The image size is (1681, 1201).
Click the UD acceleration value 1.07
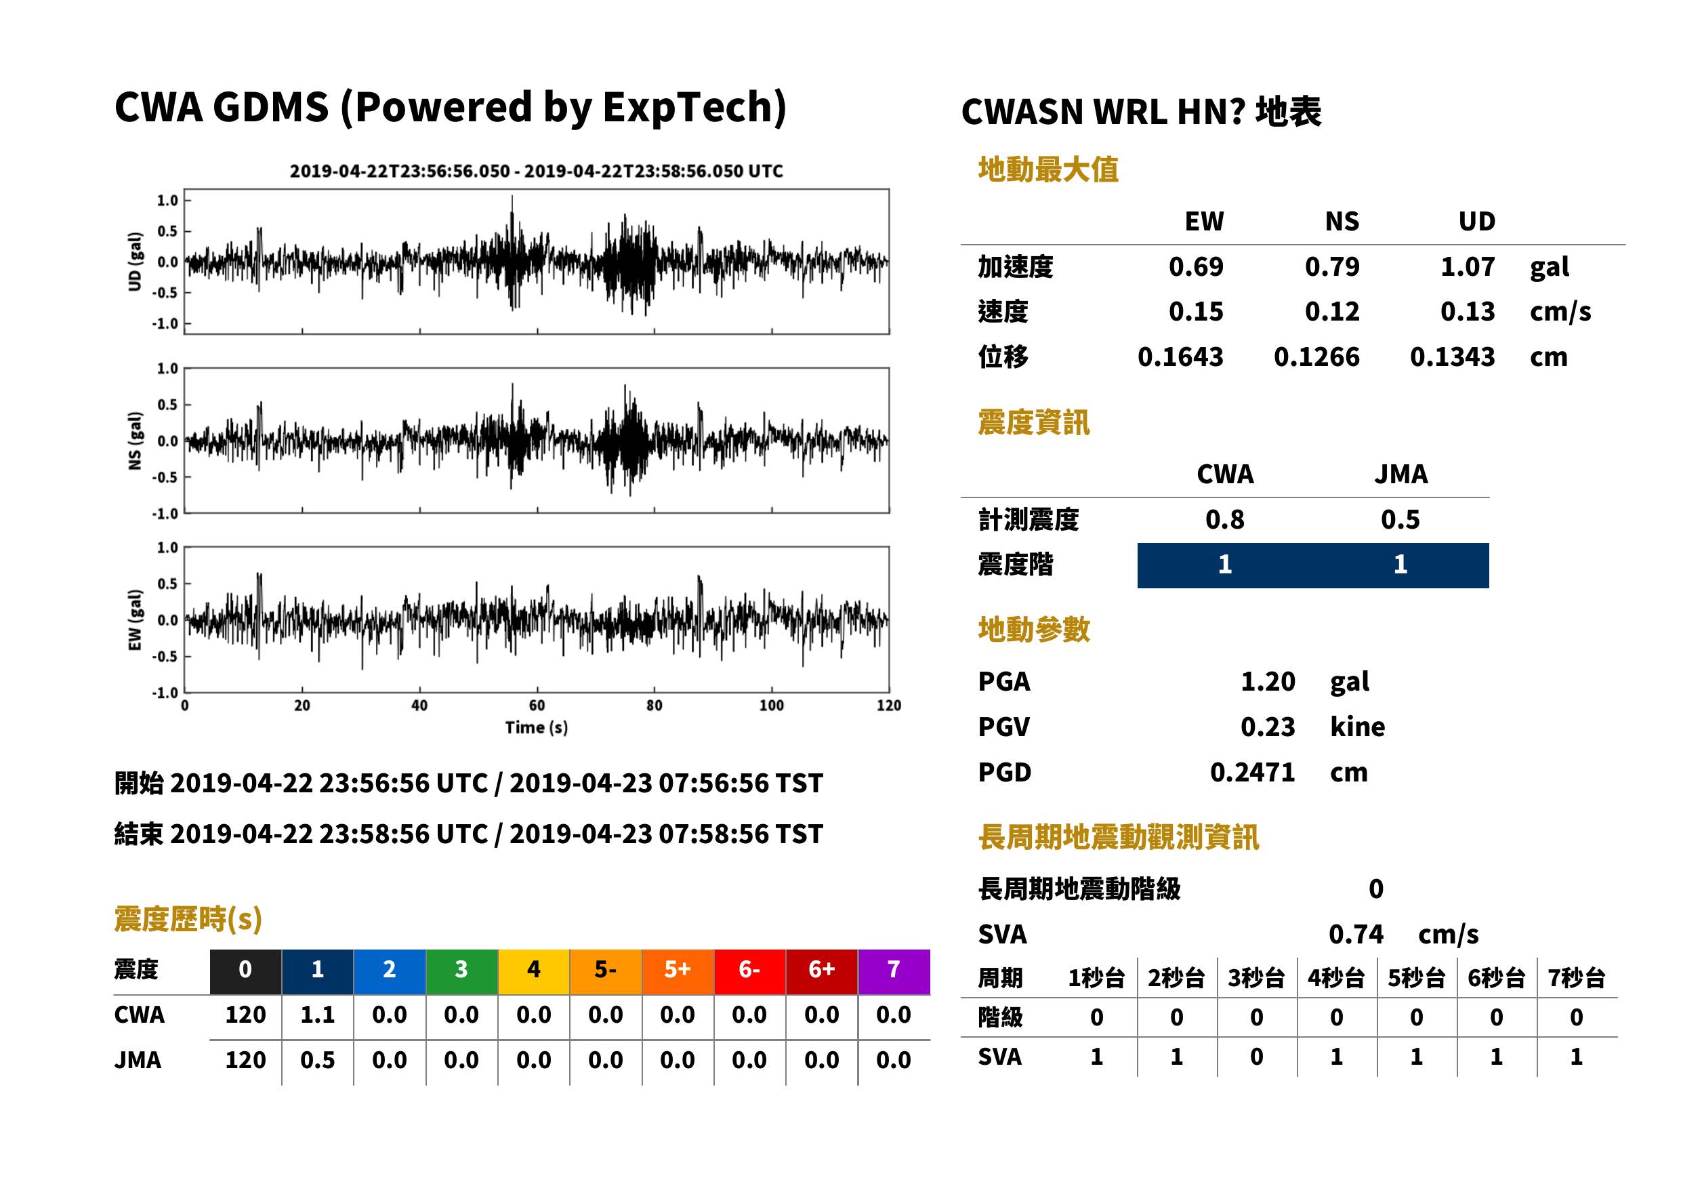pyautogui.click(x=1468, y=266)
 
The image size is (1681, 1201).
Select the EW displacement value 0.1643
pyautogui.click(x=1180, y=357)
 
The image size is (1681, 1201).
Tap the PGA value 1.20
pyautogui.click(x=1268, y=681)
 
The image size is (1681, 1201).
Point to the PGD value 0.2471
pyautogui.click(x=1252, y=772)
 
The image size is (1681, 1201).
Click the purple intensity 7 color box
pyautogui.click(x=894, y=969)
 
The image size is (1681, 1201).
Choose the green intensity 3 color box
pyautogui.click(x=461, y=969)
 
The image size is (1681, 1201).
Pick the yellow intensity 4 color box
pyautogui.click(x=534, y=969)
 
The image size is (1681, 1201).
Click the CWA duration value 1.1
pyautogui.click(x=317, y=1015)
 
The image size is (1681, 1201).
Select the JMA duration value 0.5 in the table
pyautogui.click(x=317, y=1060)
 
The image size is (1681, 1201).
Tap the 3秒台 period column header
pyautogui.click(x=1256, y=977)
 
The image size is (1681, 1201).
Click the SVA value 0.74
pyautogui.click(x=1356, y=934)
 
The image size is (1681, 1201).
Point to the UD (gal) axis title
pyautogui.click(x=135, y=262)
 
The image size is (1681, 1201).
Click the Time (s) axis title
pyautogui.click(x=537, y=728)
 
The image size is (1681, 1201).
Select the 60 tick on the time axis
pyautogui.click(x=537, y=706)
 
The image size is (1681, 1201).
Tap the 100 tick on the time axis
pyautogui.click(x=772, y=706)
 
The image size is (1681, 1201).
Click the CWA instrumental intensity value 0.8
pyautogui.click(x=1225, y=519)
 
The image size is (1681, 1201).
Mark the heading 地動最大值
pyautogui.click(x=1048, y=169)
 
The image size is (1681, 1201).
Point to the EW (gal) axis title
pyautogui.click(x=135, y=620)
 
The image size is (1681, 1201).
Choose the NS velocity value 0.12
pyautogui.click(x=1332, y=311)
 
